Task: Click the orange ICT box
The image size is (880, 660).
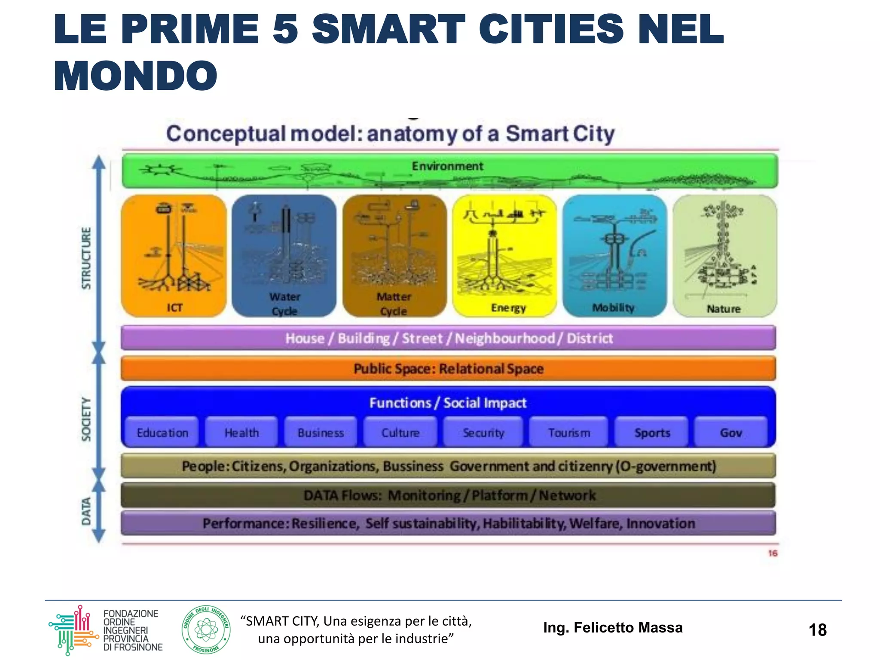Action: click(174, 256)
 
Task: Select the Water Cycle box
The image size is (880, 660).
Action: click(284, 256)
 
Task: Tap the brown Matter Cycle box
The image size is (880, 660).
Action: click(394, 256)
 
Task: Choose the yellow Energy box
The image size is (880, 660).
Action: click(504, 256)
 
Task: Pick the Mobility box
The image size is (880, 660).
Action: click(614, 256)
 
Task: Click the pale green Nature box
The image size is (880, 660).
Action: click(725, 256)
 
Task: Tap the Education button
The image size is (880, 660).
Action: click(162, 432)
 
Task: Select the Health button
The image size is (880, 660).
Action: click(241, 432)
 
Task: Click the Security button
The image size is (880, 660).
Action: click(483, 432)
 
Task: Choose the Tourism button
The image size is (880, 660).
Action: click(569, 432)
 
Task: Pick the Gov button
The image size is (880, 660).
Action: click(731, 432)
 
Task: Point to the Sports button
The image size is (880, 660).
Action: click(652, 432)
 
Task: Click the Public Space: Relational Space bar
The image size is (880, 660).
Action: click(448, 369)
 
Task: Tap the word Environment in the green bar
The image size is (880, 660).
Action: click(447, 166)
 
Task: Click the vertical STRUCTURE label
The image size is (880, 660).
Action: click(86, 258)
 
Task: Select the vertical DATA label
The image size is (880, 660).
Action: click(86, 511)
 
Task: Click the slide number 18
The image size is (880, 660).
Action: click(817, 630)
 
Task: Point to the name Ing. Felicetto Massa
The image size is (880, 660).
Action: click(613, 627)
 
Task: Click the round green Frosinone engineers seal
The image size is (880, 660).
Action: click(206, 630)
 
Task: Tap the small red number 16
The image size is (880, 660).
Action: click(773, 553)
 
